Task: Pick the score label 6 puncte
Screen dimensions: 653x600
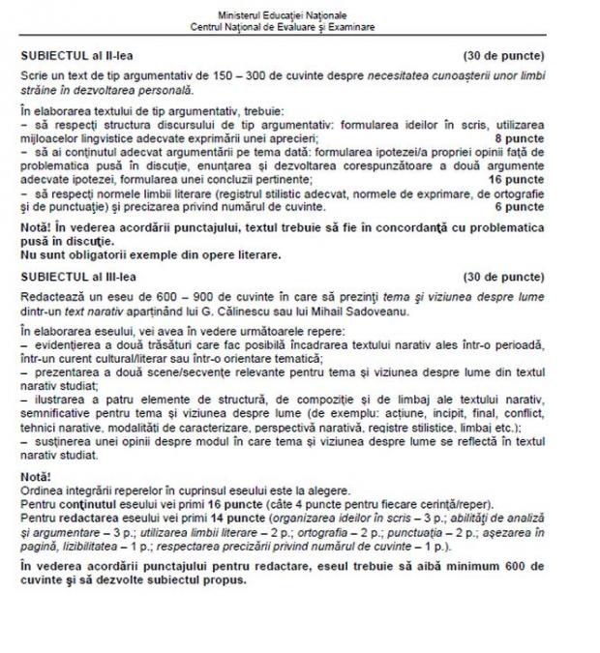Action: pos(519,206)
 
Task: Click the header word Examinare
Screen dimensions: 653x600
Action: pos(350,27)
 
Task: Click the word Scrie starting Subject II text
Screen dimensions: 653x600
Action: pos(34,74)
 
